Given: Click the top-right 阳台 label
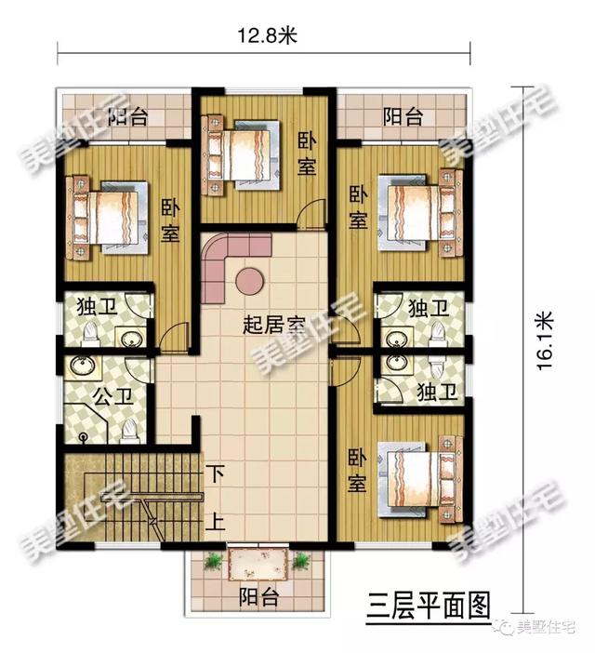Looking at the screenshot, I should coord(403,117).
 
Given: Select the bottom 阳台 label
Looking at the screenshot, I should coord(258,597).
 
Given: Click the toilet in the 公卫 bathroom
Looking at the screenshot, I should coord(131,426).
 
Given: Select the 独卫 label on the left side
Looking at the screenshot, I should coord(92,307).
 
